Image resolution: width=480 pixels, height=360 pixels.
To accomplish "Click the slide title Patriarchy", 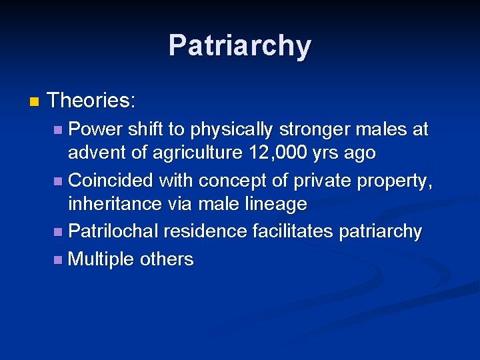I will (239, 46).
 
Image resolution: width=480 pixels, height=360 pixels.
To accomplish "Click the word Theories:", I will (92, 101).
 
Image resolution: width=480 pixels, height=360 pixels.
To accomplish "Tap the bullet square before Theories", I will (35, 102).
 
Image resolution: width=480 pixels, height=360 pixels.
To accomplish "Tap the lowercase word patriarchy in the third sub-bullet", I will (381, 231).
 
